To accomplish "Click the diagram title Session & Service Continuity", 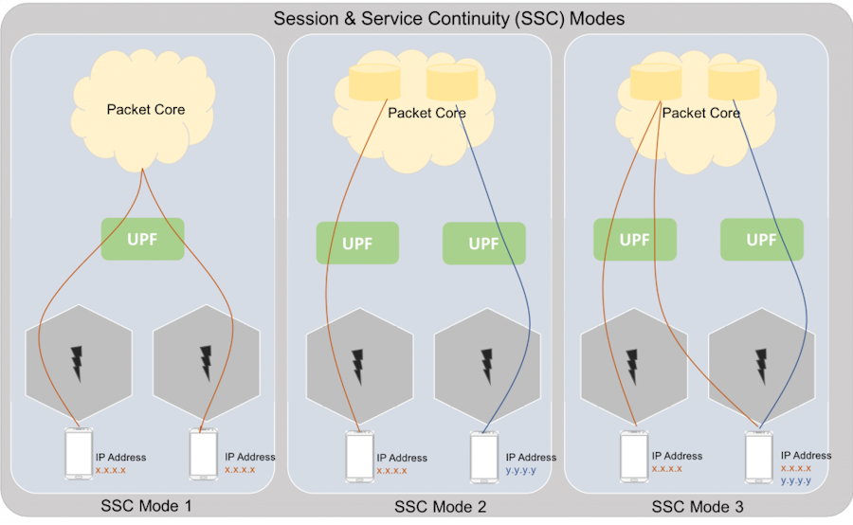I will pyautogui.click(x=449, y=18).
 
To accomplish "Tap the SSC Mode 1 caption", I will pyautogui.click(x=146, y=506).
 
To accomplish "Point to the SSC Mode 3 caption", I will pyautogui.click(x=697, y=507).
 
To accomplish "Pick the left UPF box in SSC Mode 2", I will pyautogui.click(x=357, y=243).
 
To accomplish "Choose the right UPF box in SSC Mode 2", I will pyautogui.click(x=483, y=243).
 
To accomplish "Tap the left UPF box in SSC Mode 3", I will pyautogui.click(x=635, y=240).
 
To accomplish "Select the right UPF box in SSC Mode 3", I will pyautogui.click(x=761, y=240).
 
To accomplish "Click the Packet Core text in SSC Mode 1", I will pyautogui.click(x=145, y=109).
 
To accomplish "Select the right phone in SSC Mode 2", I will pyautogui.click(x=483, y=457).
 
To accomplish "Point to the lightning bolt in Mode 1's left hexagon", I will pyautogui.click(x=77, y=364).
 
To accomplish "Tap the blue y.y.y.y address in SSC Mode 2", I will pyautogui.click(x=521, y=470).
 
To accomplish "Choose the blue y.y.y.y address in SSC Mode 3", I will pyautogui.click(x=796, y=480).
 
